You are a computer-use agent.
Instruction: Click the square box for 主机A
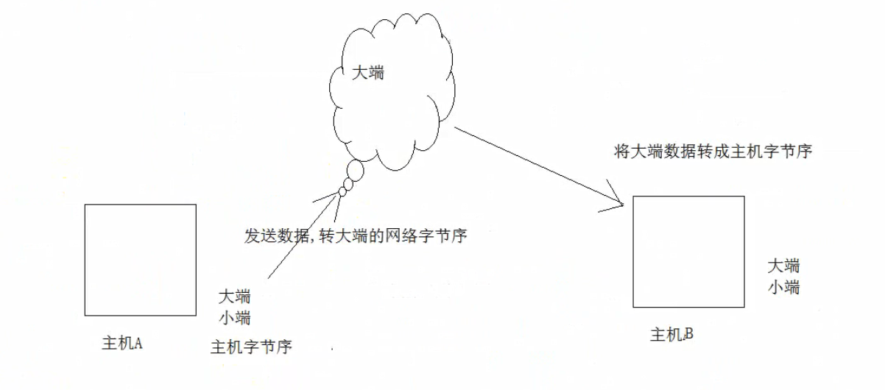click(x=140, y=260)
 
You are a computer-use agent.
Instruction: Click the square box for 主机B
click(x=688, y=252)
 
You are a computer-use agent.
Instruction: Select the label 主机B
click(x=671, y=336)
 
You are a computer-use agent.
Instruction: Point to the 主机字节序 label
click(x=251, y=347)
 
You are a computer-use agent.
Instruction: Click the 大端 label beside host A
click(x=235, y=297)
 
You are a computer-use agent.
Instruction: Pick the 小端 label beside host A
click(x=235, y=319)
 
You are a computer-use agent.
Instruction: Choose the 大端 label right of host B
click(x=783, y=266)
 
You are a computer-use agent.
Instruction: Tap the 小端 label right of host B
click(x=783, y=287)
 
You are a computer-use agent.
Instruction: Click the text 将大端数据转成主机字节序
click(x=712, y=152)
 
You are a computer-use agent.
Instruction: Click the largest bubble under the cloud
click(x=355, y=171)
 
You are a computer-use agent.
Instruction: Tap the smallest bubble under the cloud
click(x=342, y=192)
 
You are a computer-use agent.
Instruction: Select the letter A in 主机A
click(x=136, y=343)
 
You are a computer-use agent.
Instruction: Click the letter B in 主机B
click(x=688, y=336)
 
